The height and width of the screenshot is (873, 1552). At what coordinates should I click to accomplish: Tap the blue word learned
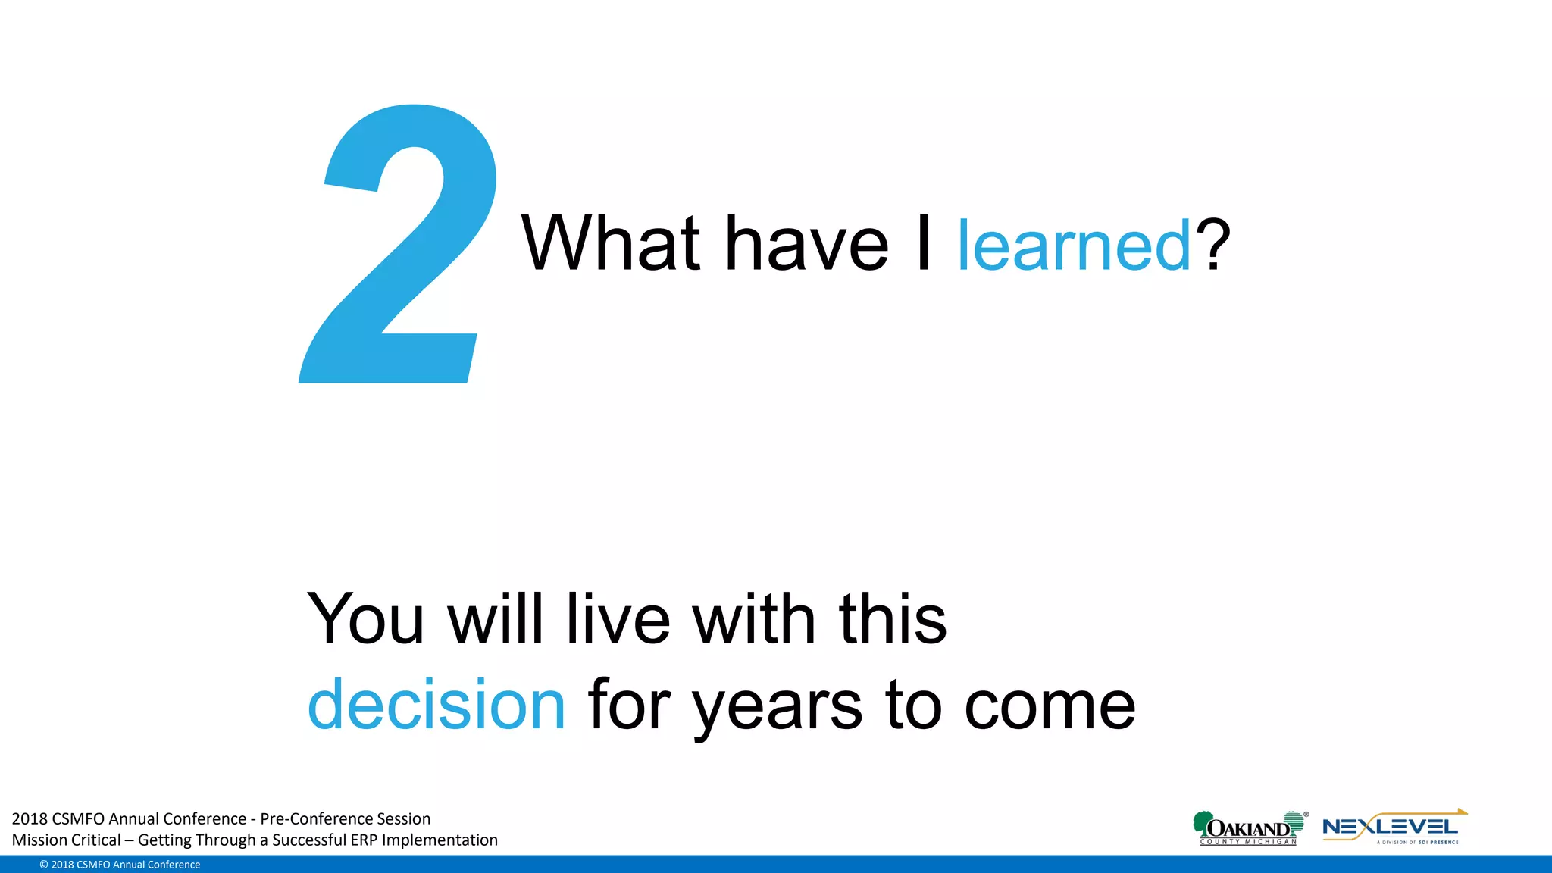click(1075, 246)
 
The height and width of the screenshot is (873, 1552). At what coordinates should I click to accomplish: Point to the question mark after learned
click(1212, 244)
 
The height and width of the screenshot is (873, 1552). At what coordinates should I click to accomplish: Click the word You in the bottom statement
click(365, 619)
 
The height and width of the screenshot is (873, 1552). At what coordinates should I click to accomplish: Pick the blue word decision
click(436, 705)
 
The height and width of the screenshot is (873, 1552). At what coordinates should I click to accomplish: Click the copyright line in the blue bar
click(120, 865)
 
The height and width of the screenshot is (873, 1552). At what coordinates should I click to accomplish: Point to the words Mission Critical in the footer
click(67, 840)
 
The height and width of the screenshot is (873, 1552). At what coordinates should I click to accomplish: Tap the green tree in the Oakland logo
click(1202, 821)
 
